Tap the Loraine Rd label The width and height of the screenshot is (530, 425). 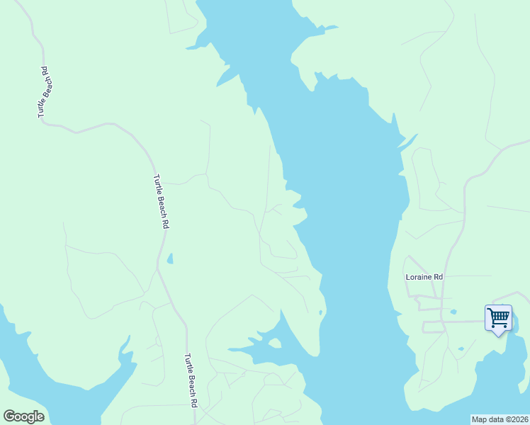pyautogui.click(x=424, y=277)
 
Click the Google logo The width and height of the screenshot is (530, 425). pyautogui.click(x=23, y=416)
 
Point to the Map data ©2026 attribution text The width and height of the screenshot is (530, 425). pyautogui.click(x=500, y=419)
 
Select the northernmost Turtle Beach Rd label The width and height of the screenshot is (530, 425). pyautogui.click(x=43, y=91)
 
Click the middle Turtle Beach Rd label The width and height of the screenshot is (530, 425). pyautogui.click(x=160, y=201)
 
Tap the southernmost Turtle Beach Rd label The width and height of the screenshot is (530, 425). pyautogui.click(x=190, y=381)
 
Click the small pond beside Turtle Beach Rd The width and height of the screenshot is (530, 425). pyautogui.click(x=169, y=259)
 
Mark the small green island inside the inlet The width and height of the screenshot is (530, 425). pyautogui.click(x=274, y=344)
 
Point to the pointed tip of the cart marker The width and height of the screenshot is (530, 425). pyautogui.click(x=498, y=334)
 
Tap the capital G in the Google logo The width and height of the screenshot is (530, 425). pyautogui.click(x=9, y=416)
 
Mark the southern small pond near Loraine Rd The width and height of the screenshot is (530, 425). pyautogui.click(x=461, y=348)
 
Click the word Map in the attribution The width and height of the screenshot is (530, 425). pyautogui.click(x=480, y=419)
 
